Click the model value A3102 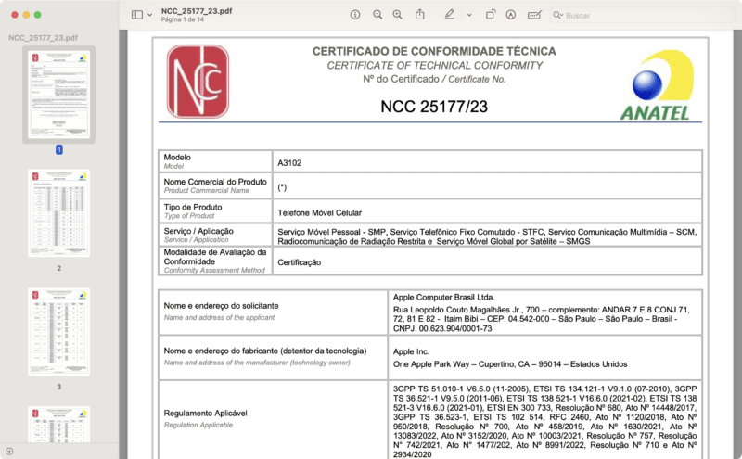[x=289, y=163]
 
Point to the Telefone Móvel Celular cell [x=319, y=212]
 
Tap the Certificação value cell [x=299, y=262]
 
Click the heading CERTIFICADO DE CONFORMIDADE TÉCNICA [x=434, y=51]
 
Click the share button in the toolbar [x=420, y=15]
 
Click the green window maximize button [x=38, y=15]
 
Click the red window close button [x=12, y=15]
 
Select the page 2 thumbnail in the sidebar [x=58, y=215]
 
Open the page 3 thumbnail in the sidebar [x=58, y=331]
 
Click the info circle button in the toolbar [x=355, y=15]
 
